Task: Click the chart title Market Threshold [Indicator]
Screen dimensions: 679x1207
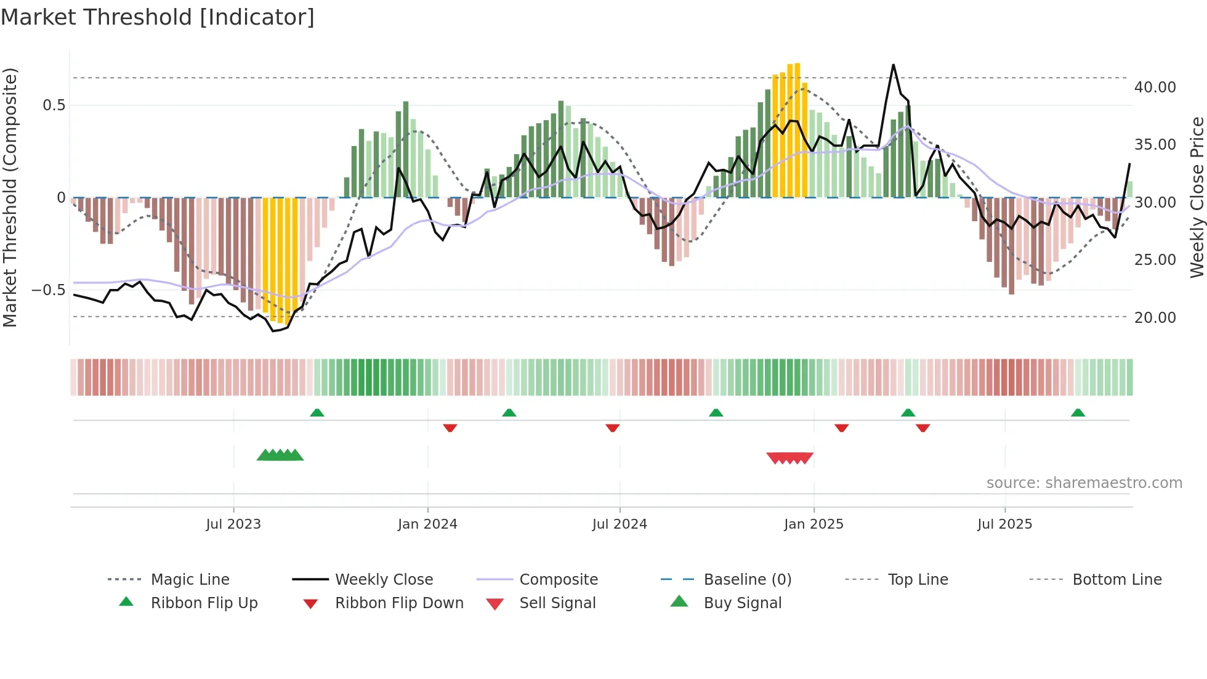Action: coord(158,17)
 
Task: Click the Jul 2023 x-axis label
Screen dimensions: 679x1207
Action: coord(233,524)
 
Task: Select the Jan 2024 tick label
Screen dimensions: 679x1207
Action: coord(427,524)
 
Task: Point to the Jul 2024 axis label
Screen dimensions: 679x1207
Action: coord(620,524)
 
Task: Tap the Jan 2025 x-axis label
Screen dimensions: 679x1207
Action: coord(813,524)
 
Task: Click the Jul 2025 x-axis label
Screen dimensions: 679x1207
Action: coord(1004,524)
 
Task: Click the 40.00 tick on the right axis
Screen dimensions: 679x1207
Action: coord(1155,87)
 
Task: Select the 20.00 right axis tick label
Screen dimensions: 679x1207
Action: coord(1155,318)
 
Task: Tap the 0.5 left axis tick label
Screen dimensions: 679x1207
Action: coord(54,105)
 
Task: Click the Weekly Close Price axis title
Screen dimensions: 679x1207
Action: coord(1197,197)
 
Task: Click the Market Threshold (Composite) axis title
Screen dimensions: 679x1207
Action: coord(10,197)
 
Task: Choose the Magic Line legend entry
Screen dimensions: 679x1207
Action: coord(190,580)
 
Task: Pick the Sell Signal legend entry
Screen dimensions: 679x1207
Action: coord(557,603)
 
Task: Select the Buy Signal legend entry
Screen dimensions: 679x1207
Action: coord(742,603)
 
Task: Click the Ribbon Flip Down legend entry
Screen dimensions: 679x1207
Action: coord(399,603)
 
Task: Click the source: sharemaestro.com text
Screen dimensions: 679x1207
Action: coord(1084,483)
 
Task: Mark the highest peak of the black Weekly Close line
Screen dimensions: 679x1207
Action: coord(893,65)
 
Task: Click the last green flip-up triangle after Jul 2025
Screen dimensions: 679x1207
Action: coord(1078,413)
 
